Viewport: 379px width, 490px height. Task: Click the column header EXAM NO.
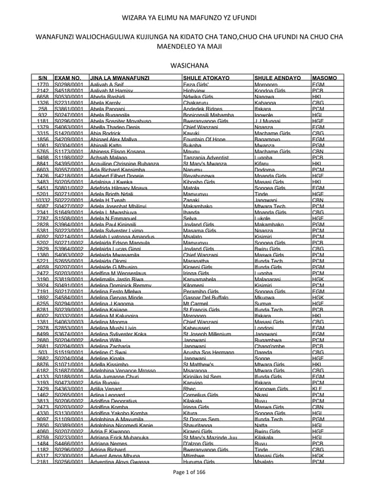67,78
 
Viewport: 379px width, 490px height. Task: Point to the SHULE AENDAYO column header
276,78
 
